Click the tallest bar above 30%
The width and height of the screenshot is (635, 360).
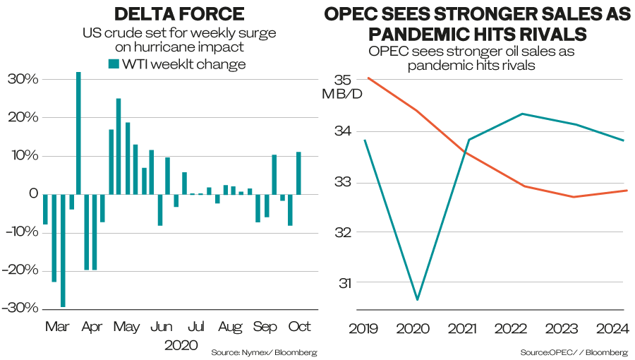click(x=78, y=133)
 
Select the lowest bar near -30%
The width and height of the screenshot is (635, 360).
click(x=63, y=251)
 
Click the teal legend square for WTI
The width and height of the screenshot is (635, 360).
click(x=114, y=64)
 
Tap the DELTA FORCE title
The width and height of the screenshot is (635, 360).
click(x=179, y=14)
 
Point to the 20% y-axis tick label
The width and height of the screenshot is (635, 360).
click(x=23, y=117)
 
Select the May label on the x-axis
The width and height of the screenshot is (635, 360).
click(x=126, y=327)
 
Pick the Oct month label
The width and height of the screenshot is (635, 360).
click(x=299, y=326)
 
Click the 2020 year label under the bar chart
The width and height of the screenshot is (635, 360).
click(x=181, y=345)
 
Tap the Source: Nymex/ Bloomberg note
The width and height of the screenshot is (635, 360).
click(x=264, y=353)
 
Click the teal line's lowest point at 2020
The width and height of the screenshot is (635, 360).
click(x=417, y=300)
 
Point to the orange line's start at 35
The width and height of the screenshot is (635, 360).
click(x=368, y=78)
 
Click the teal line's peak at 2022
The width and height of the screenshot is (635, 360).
click(x=522, y=114)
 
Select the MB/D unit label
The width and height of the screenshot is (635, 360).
click(x=342, y=95)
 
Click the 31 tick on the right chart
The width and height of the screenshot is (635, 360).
click(x=345, y=283)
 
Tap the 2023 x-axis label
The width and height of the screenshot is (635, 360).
click(x=562, y=328)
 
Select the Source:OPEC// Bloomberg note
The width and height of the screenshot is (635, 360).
click(x=574, y=353)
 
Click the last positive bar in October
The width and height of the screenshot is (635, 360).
click(x=298, y=174)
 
